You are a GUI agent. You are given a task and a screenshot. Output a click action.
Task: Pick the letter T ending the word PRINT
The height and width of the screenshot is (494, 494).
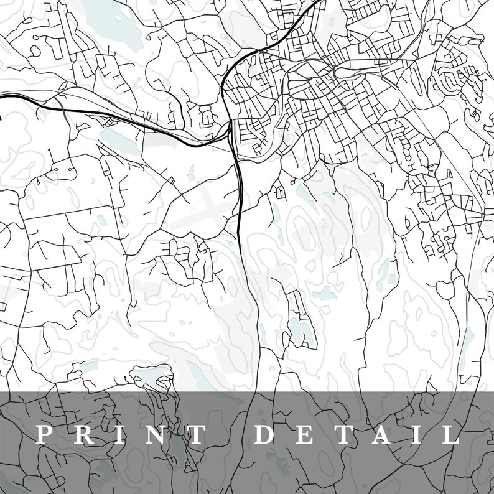(x=194, y=434)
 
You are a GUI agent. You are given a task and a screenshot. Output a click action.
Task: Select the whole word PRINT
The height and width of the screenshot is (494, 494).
(x=119, y=434)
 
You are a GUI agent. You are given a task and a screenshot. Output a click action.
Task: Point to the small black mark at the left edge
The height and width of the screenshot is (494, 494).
(x=1, y=114)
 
